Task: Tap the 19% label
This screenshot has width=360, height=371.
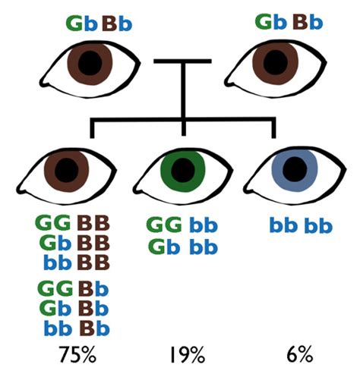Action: (x=183, y=354)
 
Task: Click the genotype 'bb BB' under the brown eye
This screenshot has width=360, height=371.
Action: (x=72, y=263)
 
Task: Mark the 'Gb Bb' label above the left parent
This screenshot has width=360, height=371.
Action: (x=98, y=21)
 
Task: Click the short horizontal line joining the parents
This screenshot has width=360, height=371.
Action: (x=182, y=61)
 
